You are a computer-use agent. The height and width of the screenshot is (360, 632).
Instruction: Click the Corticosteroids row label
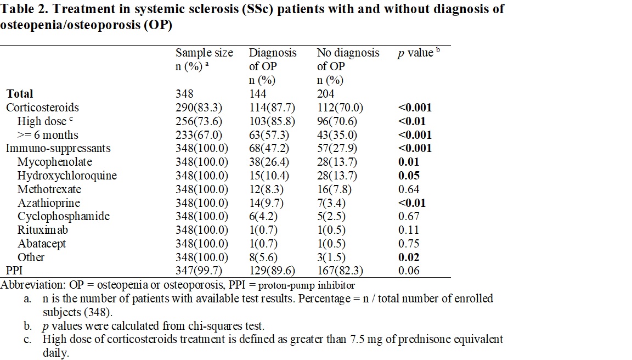click(x=42, y=108)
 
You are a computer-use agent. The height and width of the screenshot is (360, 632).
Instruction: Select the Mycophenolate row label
click(x=54, y=162)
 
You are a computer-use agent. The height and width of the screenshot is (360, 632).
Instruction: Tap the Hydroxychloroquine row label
click(x=67, y=176)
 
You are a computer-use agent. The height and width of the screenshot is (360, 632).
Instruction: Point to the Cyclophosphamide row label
click(x=64, y=216)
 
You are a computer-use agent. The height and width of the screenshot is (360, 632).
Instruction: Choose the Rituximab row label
click(x=43, y=230)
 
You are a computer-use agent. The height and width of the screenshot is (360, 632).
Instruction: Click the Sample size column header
click(x=204, y=53)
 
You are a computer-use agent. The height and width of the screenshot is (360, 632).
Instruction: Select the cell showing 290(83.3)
click(x=201, y=108)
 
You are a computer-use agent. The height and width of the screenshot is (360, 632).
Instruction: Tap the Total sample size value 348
click(x=184, y=94)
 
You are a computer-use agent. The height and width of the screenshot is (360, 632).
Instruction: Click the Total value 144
click(x=258, y=94)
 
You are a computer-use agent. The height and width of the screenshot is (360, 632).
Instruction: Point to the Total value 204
click(x=326, y=94)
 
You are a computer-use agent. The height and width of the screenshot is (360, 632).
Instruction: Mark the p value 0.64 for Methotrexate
click(x=409, y=189)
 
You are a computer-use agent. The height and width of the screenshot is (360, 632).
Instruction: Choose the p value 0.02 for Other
click(x=409, y=257)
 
